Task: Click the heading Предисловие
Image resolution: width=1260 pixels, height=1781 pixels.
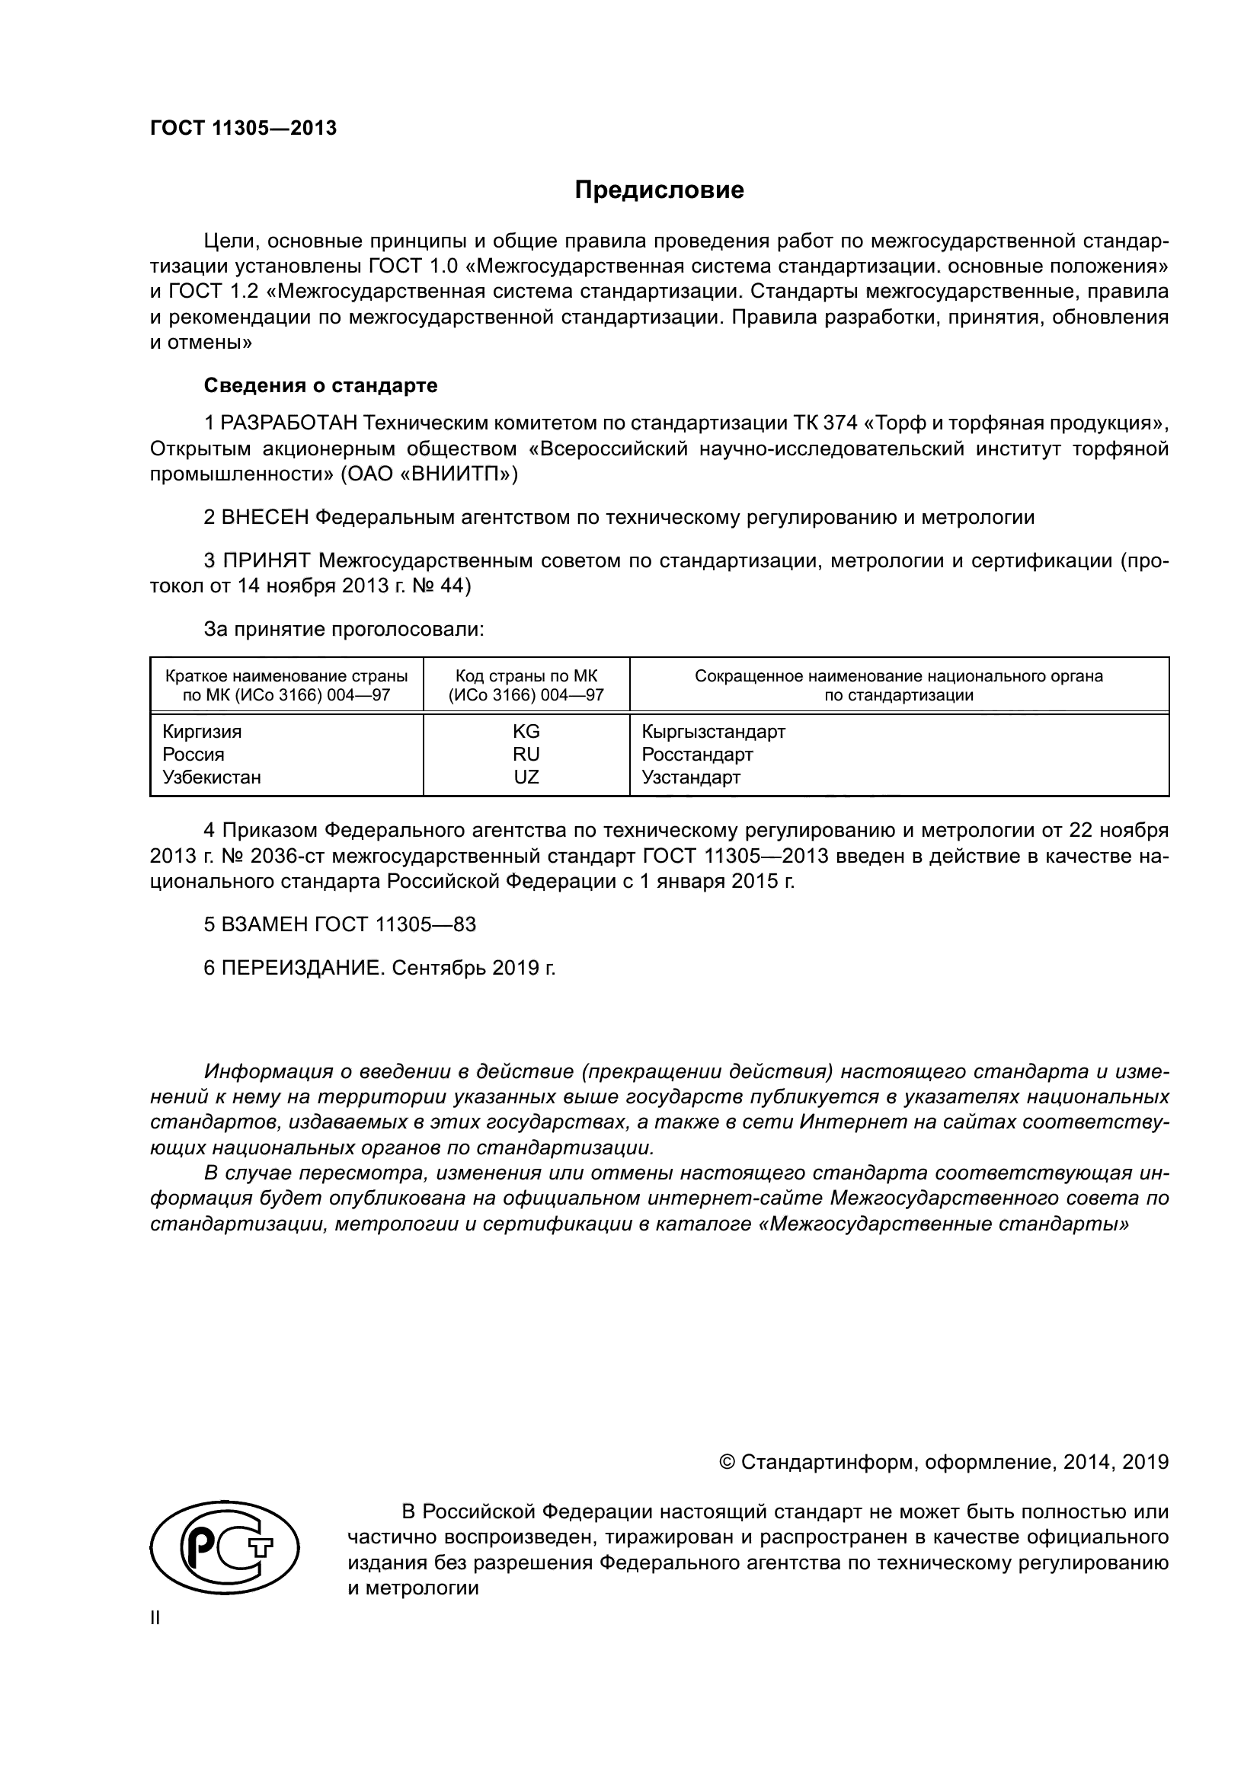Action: tap(659, 190)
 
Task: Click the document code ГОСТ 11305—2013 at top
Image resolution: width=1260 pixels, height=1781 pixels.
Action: tap(243, 128)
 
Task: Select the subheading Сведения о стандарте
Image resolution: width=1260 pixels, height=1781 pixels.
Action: tap(321, 385)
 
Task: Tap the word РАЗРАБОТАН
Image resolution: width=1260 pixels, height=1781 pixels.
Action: tap(289, 423)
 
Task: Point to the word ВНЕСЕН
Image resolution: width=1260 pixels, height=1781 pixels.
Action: tap(265, 517)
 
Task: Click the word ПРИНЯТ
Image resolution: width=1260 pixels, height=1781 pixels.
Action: tap(267, 561)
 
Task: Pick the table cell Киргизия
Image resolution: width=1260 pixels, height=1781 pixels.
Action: tap(202, 732)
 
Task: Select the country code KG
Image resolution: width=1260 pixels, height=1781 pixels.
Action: tap(526, 732)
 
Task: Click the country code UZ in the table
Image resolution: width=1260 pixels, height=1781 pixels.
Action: tap(526, 777)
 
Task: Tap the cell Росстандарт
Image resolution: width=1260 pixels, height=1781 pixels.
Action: tap(697, 755)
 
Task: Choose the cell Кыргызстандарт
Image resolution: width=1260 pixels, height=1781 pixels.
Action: tap(713, 732)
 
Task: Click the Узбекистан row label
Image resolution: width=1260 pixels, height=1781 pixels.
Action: tap(211, 777)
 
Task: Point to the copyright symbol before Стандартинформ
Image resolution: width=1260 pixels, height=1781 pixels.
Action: tap(727, 1462)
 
